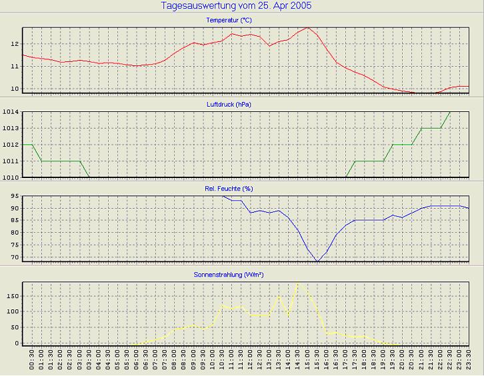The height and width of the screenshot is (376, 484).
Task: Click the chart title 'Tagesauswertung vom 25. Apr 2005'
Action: [x=236, y=6]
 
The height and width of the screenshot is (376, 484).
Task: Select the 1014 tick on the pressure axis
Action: [x=11, y=112]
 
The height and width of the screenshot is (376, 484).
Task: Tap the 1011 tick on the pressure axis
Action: [x=11, y=161]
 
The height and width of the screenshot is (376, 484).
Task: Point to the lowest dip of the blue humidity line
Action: [x=317, y=261]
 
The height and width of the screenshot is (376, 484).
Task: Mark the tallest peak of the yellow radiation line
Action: [x=298, y=283]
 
